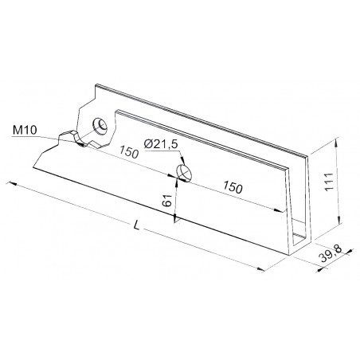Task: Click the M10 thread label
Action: tap(25, 131)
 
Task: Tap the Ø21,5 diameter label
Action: tap(161, 144)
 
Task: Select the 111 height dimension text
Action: tap(329, 182)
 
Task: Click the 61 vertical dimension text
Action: tap(167, 201)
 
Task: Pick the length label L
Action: tap(136, 225)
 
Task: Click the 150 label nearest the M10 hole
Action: tap(129, 152)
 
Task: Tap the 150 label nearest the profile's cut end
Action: tap(233, 187)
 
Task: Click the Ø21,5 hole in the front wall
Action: tap(184, 174)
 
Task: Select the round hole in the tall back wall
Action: tap(100, 127)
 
